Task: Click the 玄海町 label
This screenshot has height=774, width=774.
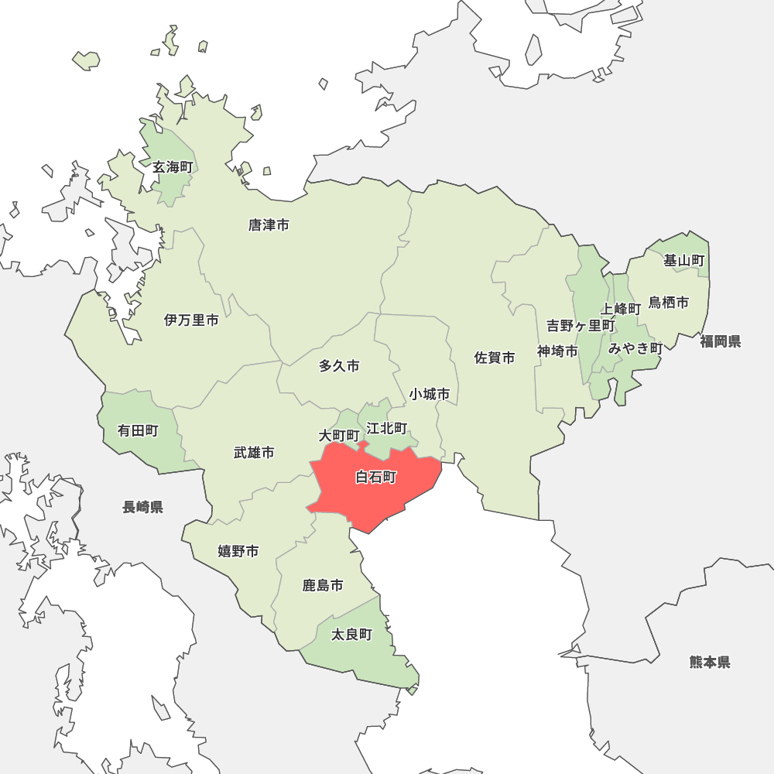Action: click(172, 167)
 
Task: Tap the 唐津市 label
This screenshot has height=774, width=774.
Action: click(269, 225)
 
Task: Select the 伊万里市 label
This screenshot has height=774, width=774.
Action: click(191, 320)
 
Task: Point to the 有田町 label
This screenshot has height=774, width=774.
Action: click(138, 430)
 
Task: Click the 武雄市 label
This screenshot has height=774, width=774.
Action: click(254, 452)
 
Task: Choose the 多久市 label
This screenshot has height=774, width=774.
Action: click(339, 366)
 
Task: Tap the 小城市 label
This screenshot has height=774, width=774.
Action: click(430, 394)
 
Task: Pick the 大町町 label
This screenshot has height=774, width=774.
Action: click(339, 436)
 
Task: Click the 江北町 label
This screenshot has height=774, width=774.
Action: click(386, 428)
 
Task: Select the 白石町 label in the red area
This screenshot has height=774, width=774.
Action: click(375, 478)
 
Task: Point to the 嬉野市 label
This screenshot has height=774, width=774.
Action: click(238, 551)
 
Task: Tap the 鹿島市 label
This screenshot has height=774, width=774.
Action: click(323, 585)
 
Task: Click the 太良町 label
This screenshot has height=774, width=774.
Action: click(351, 635)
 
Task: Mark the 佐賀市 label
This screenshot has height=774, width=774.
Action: click(495, 358)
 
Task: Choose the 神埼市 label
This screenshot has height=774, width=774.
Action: click(557, 351)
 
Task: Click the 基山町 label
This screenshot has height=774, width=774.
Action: click(684, 261)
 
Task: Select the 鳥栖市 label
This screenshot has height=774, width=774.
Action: click(668, 302)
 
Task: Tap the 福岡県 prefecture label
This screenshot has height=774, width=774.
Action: click(720, 341)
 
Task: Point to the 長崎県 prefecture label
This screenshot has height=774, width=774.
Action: click(142, 507)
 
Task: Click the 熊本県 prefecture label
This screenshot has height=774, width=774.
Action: click(709, 662)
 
